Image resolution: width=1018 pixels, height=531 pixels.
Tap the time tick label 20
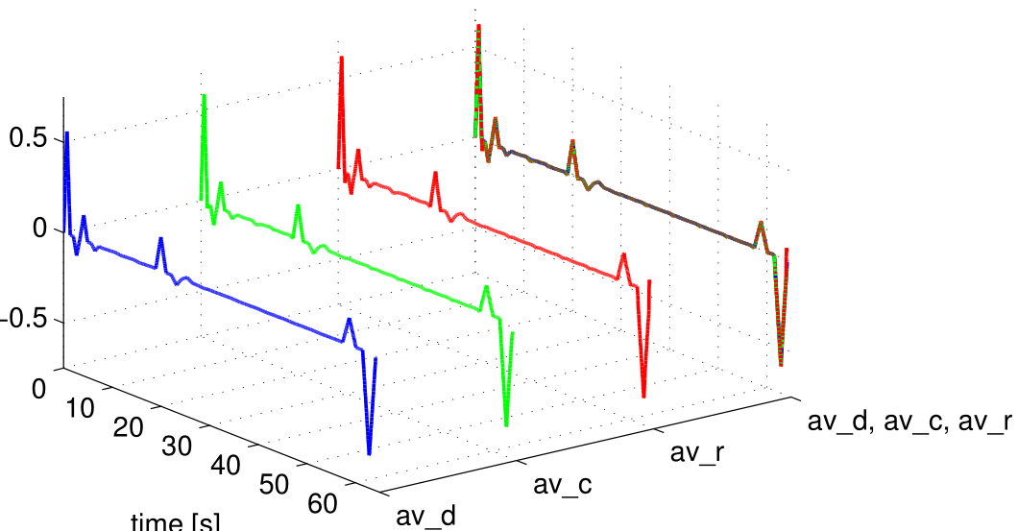pos(130,426)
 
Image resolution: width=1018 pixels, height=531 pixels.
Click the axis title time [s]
pos(176,522)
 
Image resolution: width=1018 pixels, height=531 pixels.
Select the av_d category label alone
pos(426,517)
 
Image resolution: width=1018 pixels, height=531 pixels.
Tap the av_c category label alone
pos(563,485)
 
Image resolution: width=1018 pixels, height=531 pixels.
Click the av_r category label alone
pos(698,452)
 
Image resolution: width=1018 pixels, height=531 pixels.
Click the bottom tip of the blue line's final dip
pos(369,452)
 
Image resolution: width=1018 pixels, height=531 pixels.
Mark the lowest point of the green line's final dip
pos(506,423)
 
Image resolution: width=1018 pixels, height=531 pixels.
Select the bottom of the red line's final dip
pos(643,395)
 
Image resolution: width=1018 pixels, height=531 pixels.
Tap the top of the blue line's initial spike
pos(66,133)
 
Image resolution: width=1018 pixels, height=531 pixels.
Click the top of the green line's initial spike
pos(204,96)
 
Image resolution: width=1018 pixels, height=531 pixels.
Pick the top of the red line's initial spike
pos(340,59)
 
